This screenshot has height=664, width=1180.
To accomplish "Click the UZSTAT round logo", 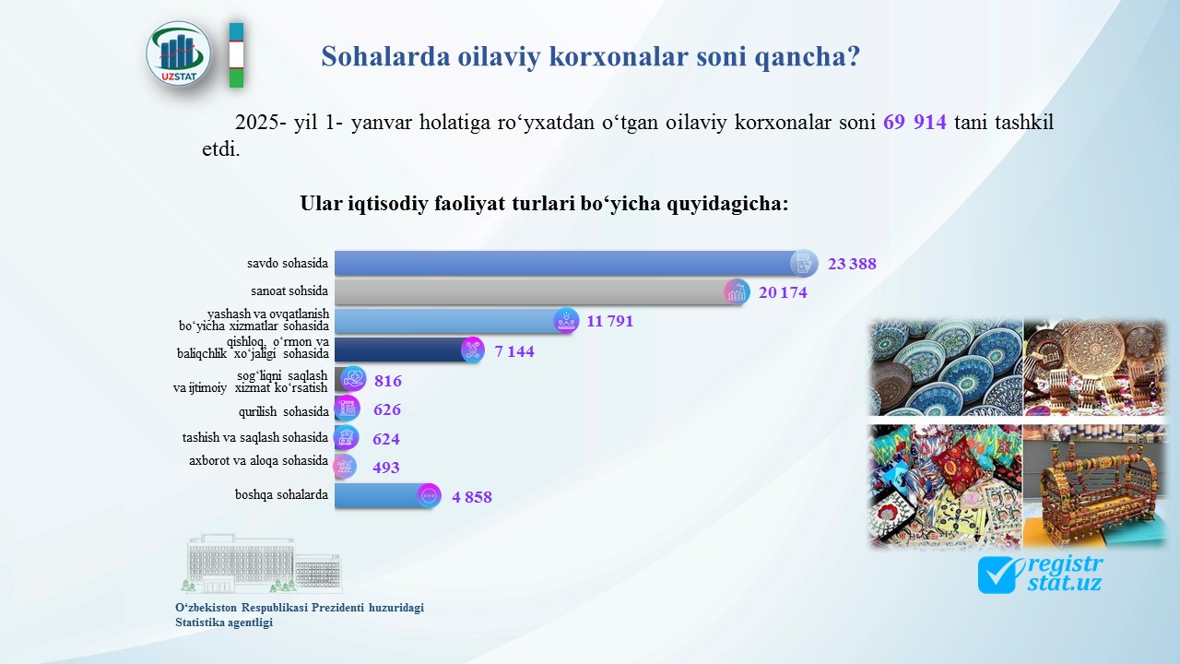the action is click(179, 54).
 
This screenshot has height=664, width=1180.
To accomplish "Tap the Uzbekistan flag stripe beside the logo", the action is click(237, 54).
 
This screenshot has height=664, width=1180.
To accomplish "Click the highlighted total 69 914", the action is click(914, 123).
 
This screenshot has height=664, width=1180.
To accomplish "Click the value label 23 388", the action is click(852, 264).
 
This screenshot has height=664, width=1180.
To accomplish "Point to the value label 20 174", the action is click(783, 292).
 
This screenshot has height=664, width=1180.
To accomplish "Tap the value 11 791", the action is click(610, 321).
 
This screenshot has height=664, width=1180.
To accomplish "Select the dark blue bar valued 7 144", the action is click(409, 350).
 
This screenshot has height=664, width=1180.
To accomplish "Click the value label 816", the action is click(388, 381).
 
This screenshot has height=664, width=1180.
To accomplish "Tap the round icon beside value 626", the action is click(348, 409).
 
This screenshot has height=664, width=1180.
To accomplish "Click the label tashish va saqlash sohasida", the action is click(255, 437).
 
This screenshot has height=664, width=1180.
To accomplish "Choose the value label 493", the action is click(386, 468).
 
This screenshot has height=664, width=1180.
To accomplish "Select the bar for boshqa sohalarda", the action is click(388, 496).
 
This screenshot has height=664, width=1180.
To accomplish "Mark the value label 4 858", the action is click(472, 497).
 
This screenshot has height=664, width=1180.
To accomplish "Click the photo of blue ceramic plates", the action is click(945, 367).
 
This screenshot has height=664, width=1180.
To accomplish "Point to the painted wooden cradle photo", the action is click(1094, 486).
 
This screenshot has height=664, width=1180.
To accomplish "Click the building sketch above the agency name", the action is click(263, 563).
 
